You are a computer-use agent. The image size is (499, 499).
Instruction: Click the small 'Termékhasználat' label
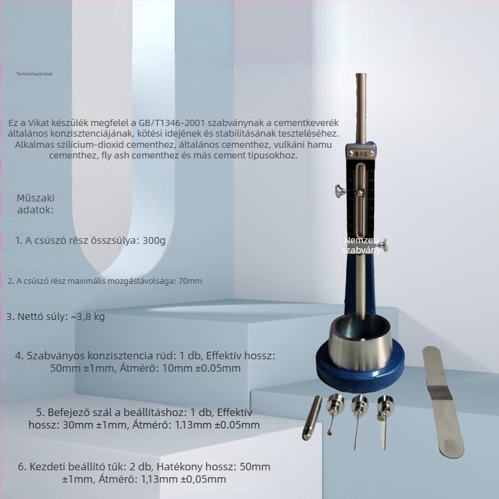(34, 73)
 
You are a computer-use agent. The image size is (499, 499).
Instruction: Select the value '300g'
(153, 240)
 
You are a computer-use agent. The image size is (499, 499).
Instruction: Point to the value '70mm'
(190, 281)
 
